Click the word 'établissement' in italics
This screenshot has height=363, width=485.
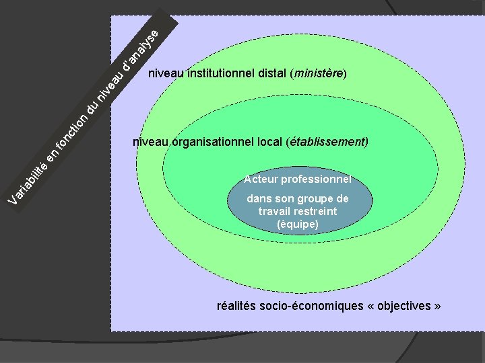point(327,143)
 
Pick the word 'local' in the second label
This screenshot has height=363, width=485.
point(269,143)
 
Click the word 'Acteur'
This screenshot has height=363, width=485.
point(261,179)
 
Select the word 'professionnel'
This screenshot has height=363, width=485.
point(317,179)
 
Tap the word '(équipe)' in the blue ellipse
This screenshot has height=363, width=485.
point(298,224)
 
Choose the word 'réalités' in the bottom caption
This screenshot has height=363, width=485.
point(236,306)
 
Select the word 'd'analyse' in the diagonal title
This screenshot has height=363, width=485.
point(142,50)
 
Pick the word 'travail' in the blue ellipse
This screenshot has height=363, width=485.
point(276,211)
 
